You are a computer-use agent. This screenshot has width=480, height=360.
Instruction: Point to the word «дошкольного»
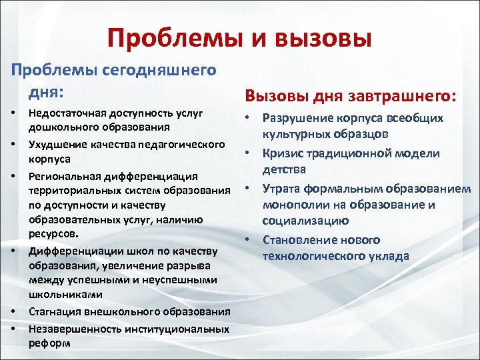click(58, 127)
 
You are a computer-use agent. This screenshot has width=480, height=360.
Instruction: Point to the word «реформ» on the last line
click(47, 343)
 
